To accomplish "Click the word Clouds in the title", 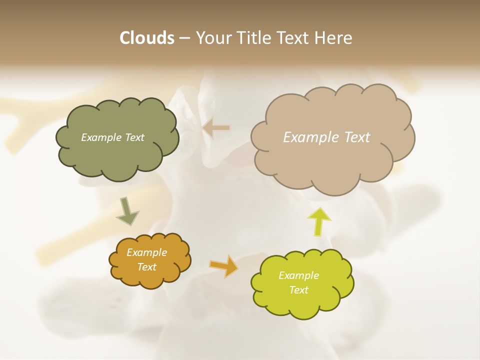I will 146,38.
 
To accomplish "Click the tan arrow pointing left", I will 216,128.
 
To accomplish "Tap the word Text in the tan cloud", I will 357,137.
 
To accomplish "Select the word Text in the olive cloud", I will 134,137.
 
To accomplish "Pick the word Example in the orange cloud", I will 146,252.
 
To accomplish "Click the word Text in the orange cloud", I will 146,267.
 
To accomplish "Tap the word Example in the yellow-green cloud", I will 298,275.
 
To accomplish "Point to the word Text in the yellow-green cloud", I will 298,290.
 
